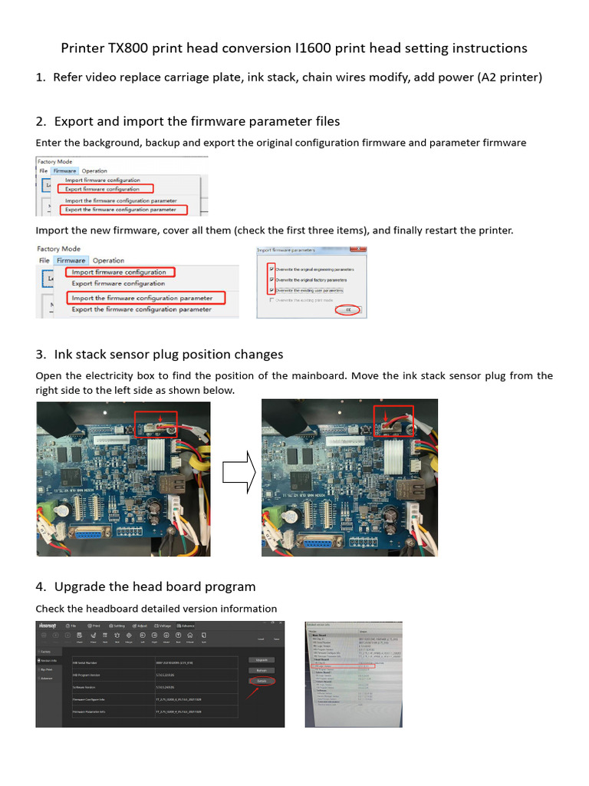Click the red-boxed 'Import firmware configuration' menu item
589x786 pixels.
pyautogui.click(x=119, y=272)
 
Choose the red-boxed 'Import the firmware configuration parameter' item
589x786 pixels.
pyautogui.click(x=143, y=298)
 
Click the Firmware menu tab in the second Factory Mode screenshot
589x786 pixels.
pyautogui.click(x=71, y=260)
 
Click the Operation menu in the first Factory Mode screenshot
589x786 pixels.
pyautogui.click(x=95, y=170)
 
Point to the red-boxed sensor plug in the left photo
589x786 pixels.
pyautogui.click(x=156, y=422)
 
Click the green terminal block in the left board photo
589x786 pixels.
pyautogui.click(x=49, y=509)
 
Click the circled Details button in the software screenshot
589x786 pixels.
pyautogui.click(x=262, y=681)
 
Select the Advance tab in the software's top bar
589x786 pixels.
pyautogui.click(x=187, y=626)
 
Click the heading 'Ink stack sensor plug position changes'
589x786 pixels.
pyautogui.click(x=169, y=354)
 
